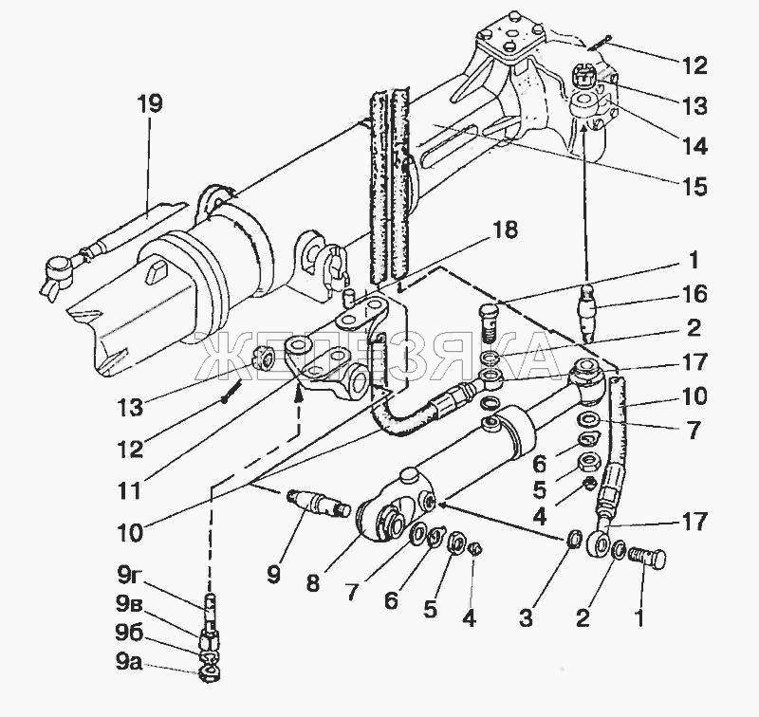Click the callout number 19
149,104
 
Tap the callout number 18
506,230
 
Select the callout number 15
694,186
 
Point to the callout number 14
694,146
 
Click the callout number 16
694,294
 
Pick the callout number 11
130,491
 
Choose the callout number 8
313,583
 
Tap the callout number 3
526,617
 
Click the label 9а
129,663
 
